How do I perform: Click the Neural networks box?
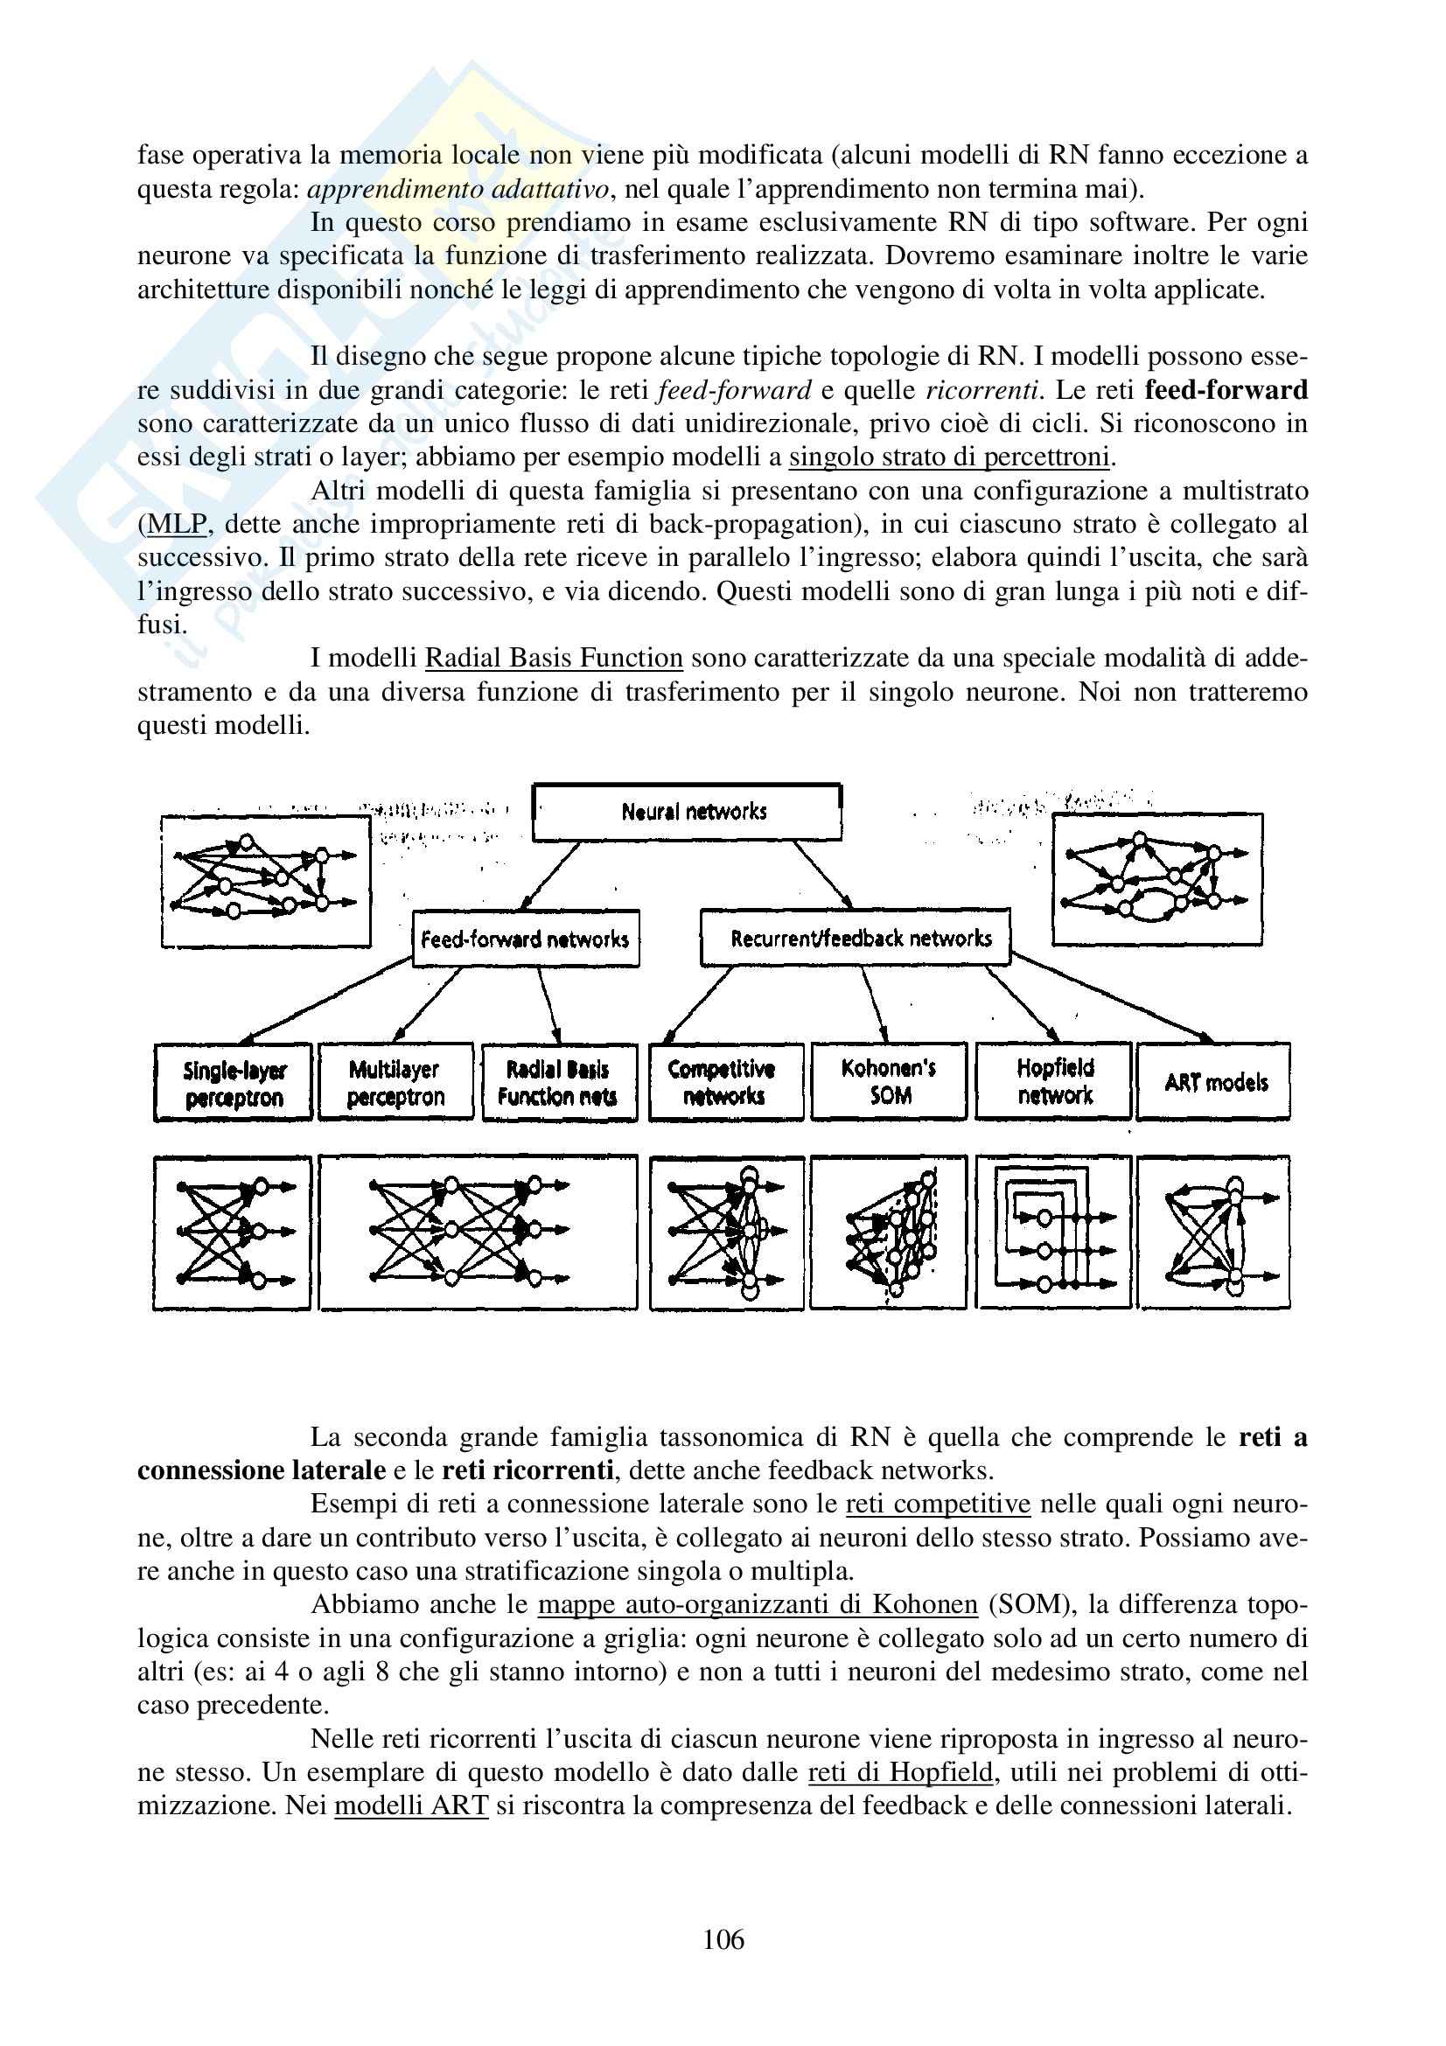point(687,812)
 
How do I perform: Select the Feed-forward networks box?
point(526,939)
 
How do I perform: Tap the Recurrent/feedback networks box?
point(856,938)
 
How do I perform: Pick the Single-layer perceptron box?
point(234,1083)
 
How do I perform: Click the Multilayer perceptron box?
point(395,1082)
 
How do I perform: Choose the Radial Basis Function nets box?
point(559,1082)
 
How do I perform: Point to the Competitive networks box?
point(725,1081)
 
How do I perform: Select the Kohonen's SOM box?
point(888,1081)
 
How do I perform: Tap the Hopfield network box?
point(1054,1081)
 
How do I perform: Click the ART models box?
point(1214,1082)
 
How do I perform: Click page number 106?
point(723,1939)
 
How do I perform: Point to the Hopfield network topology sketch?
point(1054,1232)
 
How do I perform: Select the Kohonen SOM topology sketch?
point(888,1232)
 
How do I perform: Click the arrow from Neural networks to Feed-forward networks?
point(548,876)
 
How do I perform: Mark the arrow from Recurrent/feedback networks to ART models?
point(1114,997)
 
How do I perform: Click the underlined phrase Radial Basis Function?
point(553,658)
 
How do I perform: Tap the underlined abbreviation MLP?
point(177,524)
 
